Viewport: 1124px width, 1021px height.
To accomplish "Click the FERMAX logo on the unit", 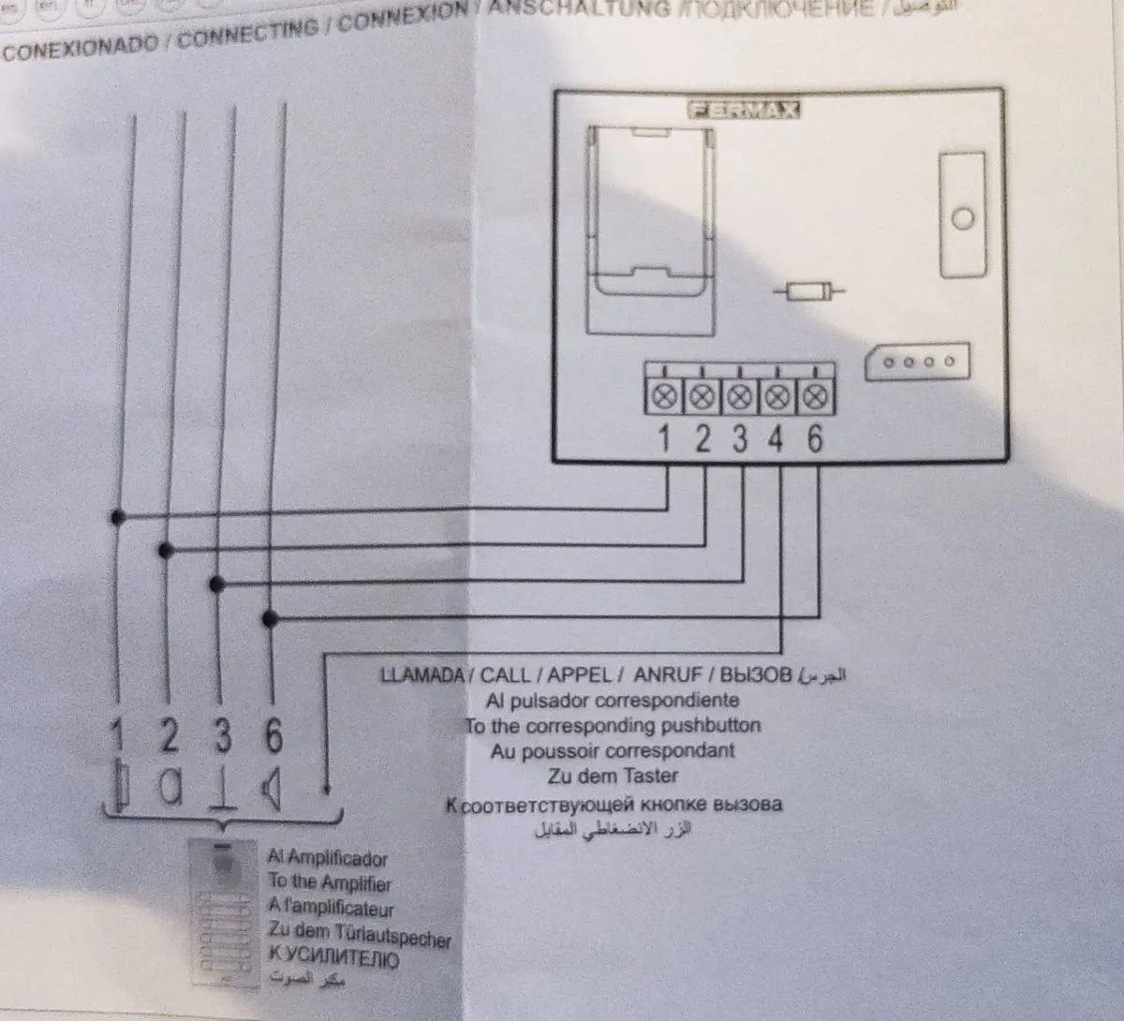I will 745,111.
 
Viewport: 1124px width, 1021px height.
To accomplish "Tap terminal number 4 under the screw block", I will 776,438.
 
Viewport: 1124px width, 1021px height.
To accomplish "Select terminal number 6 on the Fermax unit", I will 815,438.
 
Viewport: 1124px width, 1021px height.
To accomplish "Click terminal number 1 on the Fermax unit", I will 664,438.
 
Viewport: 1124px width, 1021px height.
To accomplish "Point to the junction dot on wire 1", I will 117,517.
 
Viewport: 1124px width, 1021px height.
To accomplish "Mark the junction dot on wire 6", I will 271,619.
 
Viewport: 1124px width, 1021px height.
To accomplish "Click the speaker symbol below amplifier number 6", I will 271,788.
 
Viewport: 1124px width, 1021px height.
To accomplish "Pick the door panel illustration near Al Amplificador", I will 224,913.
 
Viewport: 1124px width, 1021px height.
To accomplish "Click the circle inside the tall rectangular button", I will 962,219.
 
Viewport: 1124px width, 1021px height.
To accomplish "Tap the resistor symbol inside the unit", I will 809,293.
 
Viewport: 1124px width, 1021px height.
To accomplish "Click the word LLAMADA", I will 421,675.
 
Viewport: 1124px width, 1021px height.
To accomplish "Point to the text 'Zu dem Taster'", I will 613,776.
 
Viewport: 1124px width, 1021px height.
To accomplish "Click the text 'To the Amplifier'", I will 330,882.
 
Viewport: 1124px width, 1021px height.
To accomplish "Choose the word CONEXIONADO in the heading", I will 81,47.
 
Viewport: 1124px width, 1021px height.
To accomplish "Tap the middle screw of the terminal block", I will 739,396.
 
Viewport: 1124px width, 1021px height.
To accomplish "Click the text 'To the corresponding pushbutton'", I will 613,726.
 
